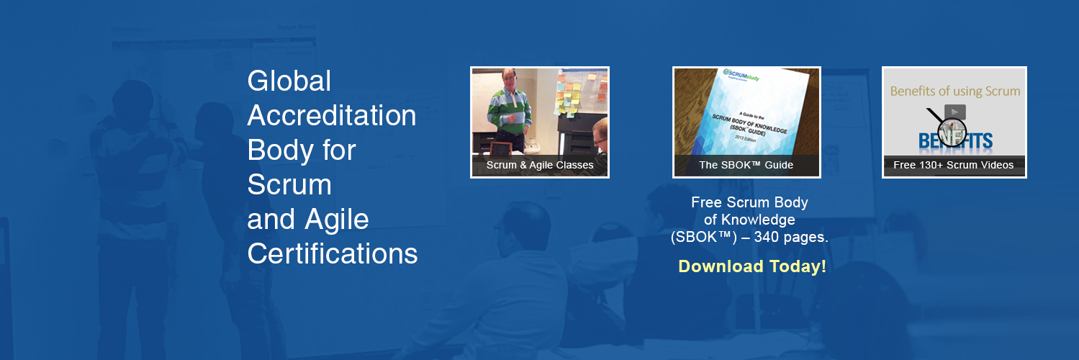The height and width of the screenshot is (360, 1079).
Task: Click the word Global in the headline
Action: [289, 81]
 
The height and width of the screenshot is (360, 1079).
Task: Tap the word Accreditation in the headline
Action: [331, 116]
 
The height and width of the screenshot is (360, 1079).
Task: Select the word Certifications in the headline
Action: [332, 254]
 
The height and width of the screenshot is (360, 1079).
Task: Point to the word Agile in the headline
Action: [338, 220]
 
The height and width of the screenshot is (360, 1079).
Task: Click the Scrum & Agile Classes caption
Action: [540, 165]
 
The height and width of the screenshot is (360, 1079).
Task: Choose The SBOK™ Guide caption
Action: [746, 165]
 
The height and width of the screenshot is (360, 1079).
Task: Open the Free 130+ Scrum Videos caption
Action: [953, 165]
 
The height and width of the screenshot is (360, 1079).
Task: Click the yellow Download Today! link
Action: [751, 266]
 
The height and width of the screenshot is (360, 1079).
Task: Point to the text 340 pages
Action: [791, 236]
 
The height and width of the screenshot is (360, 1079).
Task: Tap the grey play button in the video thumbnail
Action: [954, 112]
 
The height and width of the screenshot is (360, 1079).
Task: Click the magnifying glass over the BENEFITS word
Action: [952, 132]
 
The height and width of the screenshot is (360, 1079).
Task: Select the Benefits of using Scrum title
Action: [954, 91]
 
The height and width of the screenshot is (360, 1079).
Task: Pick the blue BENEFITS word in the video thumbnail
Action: [954, 140]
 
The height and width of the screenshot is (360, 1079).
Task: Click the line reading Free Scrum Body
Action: [749, 202]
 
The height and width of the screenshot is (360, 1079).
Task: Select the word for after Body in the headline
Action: [340, 150]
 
